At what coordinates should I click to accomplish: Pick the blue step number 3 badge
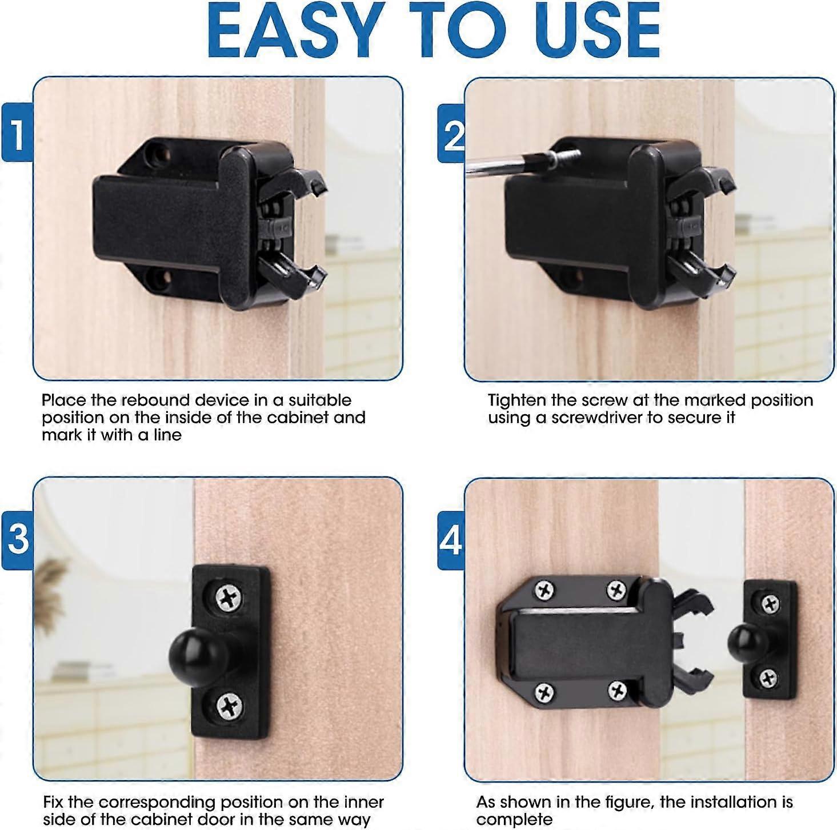pyautogui.click(x=17, y=538)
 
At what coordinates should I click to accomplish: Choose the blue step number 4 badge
pyautogui.click(x=451, y=540)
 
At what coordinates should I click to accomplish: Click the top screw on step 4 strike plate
pyautogui.click(x=770, y=603)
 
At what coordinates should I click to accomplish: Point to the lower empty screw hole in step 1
pyautogui.click(x=158, y=278)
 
